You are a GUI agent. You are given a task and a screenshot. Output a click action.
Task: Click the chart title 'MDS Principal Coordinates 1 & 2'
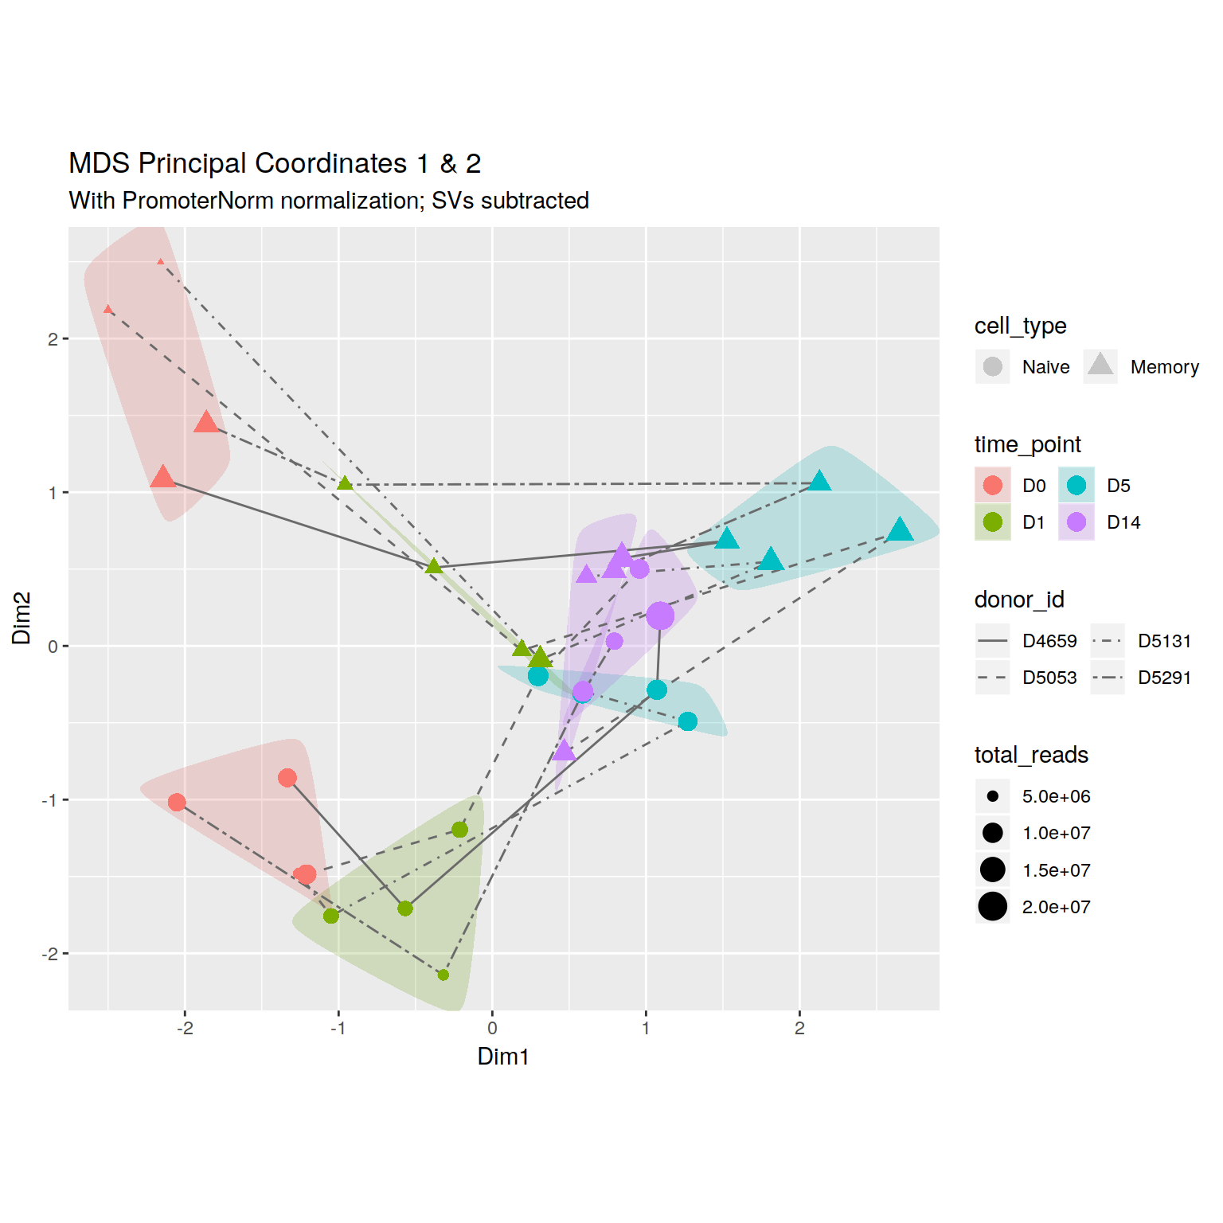pos(275,163)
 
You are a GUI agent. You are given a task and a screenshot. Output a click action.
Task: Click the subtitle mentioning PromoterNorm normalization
pos(329,201)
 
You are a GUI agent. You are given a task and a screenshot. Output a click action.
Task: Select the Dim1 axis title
pos(503,1057)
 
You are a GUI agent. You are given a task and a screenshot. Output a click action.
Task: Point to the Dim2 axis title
pos(21,618)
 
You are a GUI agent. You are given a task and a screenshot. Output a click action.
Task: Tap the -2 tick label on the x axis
pos(185,1028)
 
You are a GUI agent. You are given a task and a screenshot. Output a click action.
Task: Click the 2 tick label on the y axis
pos(53,339)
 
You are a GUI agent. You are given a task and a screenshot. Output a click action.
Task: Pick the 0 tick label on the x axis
pos(492,1028)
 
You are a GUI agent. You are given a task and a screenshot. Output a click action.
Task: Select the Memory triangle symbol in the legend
pos(1100,365)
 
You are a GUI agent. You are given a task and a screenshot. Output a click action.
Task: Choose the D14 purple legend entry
pos(1076,522)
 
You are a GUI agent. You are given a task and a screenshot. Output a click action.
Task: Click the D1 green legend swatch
pos(993,522)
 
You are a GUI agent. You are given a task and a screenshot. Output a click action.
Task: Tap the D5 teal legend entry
pos(1076,486)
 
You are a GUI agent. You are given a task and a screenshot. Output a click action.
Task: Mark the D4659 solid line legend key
pos(993,641)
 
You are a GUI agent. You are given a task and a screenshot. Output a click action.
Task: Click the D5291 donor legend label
pos(1164,678)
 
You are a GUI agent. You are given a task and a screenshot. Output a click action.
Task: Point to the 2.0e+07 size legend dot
pos(993,906)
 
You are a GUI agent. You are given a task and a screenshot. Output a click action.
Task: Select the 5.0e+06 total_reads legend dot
pos(993,796)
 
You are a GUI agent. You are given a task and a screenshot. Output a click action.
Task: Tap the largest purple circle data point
pos(660,615)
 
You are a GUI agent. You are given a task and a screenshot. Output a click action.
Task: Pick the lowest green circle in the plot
pos(443,975)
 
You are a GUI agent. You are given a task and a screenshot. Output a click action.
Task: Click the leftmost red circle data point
pos(177,802)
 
